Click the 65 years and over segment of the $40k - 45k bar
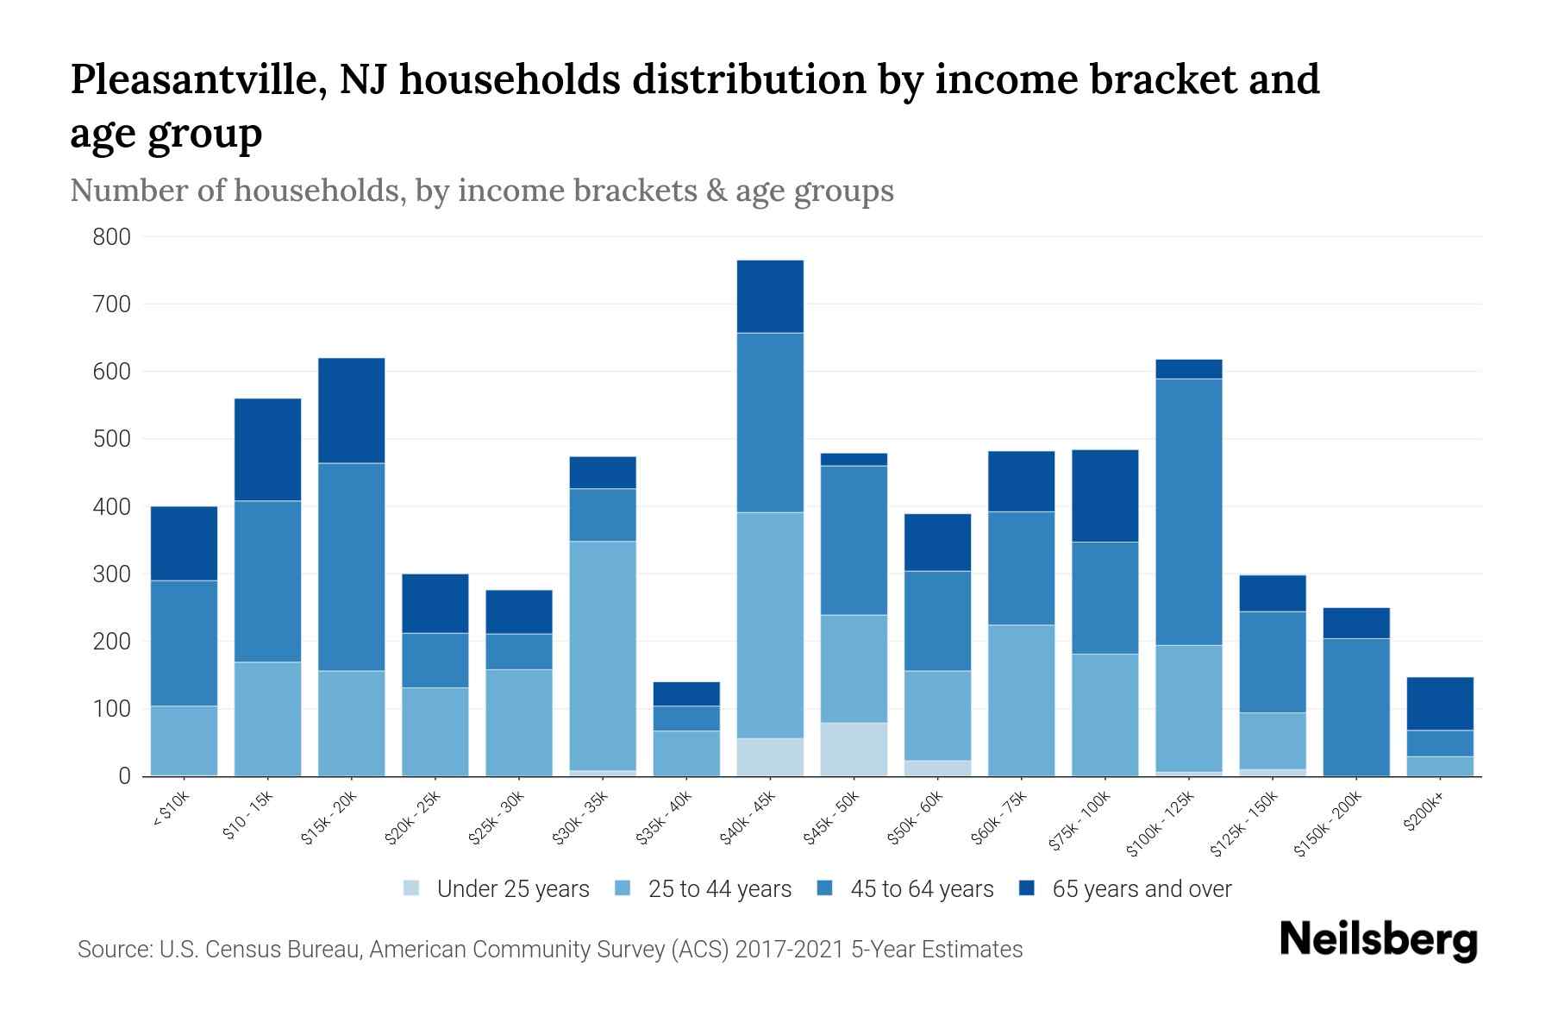click(770, 296)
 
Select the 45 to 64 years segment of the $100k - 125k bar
click(1189, 511)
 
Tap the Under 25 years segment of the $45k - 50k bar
click(854, 749)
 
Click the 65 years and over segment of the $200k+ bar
click(1440, 703)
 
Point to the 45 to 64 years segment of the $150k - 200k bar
click(1356, 706)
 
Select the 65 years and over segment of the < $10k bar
click(184, 543)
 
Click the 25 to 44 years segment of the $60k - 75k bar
click(1021, 699)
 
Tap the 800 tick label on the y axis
click(111, 237)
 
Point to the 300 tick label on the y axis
click(111, 574)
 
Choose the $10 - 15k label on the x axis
click(248, 815)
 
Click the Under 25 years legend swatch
click(412, 888)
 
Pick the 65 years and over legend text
click(1142, 889)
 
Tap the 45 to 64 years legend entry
click(904, 889)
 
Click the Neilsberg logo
click(1378, 940)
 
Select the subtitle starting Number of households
click(481, 191)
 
